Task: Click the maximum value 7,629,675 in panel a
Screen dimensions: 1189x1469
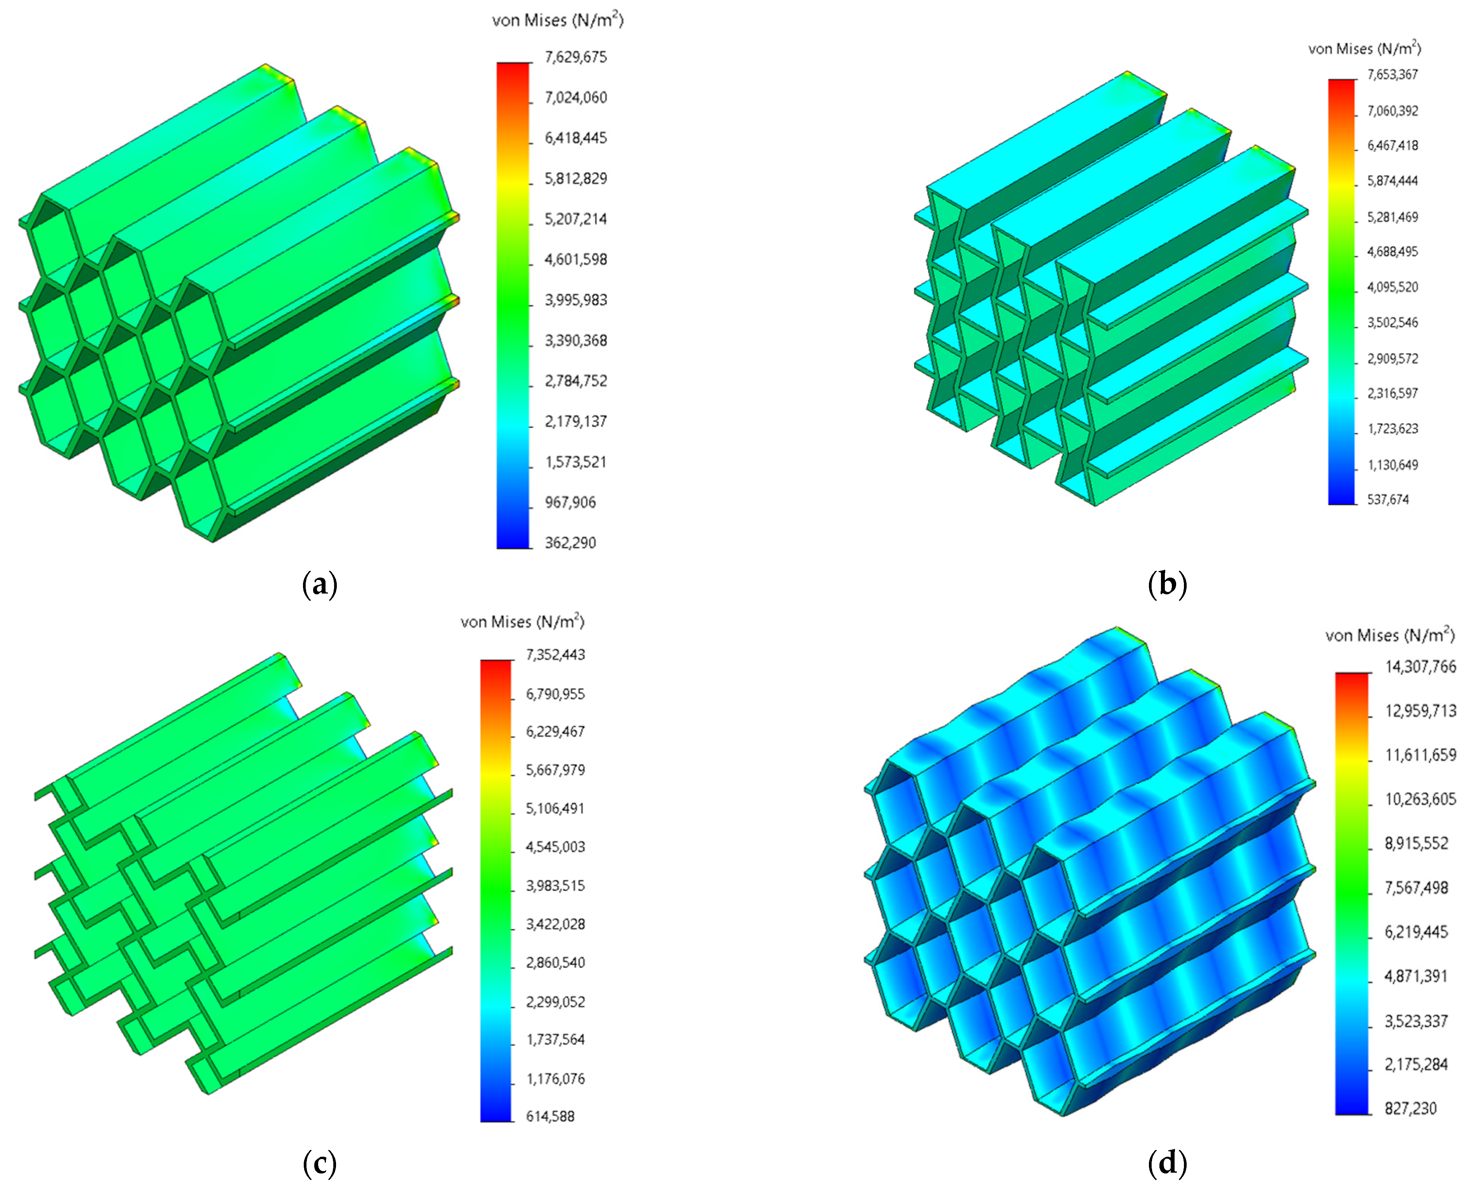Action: (x=576, y=57)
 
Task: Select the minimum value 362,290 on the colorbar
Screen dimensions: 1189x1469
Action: (x=570, y=543)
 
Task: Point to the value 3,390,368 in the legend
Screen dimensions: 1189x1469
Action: (x=576, y=340)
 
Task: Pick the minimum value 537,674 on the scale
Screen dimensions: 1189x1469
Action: (x=1388, y=499)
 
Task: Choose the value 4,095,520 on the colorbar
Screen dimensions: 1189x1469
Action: (x=1392, y=287)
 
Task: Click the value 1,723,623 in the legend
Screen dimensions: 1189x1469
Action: (x=1392, y=429)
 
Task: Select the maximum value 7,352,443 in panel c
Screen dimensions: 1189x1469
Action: (x=555, y=655)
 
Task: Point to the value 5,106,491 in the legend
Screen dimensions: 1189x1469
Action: (x=555, y=808)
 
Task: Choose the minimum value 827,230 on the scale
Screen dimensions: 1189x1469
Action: (x=1410, y=1108)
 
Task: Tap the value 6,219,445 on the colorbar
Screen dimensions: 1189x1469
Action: (x=1416, y=931)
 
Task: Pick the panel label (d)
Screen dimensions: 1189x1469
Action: (x=1167, y=1163)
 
